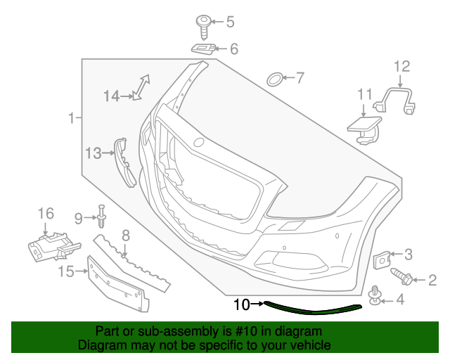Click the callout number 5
[x=230, y=22]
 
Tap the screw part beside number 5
[x=202, y=25]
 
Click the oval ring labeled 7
[x=275, y=78]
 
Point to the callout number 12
[x=401, y=67]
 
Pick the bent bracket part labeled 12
[x=398, y=98]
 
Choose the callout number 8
[x=125, y=236]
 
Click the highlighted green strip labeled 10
[x=313, y=309]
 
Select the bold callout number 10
[x=241, y=304]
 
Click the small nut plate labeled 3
[x=380, y=258]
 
